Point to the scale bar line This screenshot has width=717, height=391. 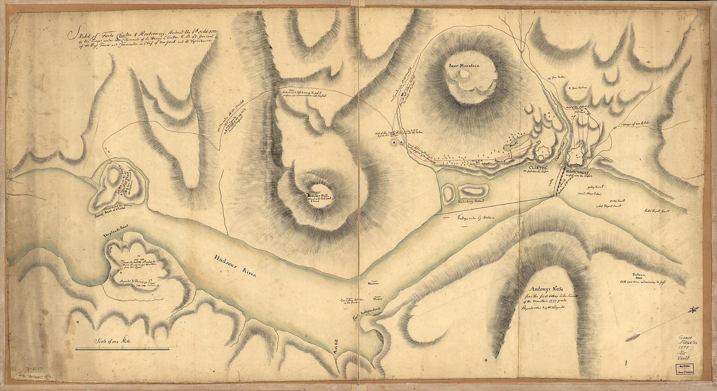(123, 348)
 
